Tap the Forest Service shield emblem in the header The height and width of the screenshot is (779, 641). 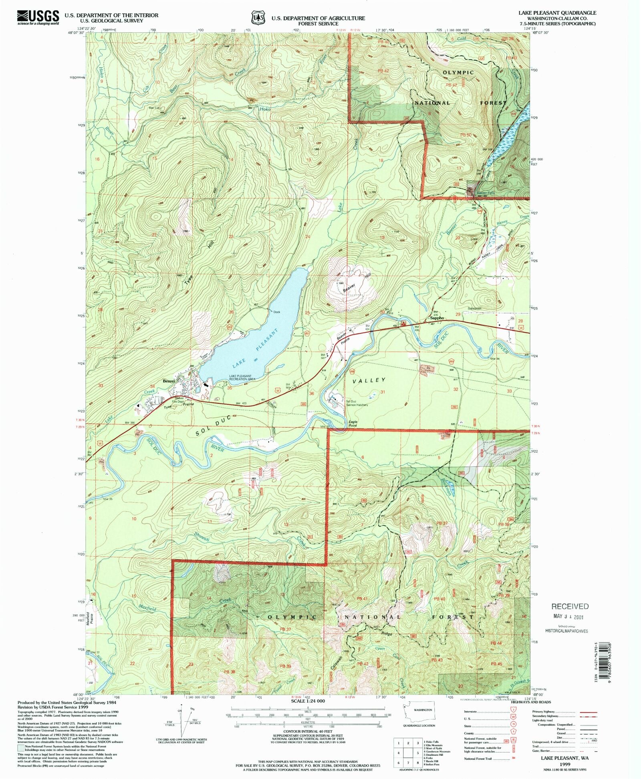258,18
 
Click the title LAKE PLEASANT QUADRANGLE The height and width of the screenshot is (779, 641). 557,13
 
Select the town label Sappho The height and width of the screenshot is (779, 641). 437,318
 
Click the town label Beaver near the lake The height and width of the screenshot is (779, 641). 169,381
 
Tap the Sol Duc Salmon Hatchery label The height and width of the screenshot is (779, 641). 357,403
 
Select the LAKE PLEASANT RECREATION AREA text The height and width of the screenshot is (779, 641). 242,377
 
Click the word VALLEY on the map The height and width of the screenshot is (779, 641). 369,380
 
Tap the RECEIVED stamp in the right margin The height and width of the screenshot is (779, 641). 570,606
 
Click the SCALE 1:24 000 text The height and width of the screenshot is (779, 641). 308,701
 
